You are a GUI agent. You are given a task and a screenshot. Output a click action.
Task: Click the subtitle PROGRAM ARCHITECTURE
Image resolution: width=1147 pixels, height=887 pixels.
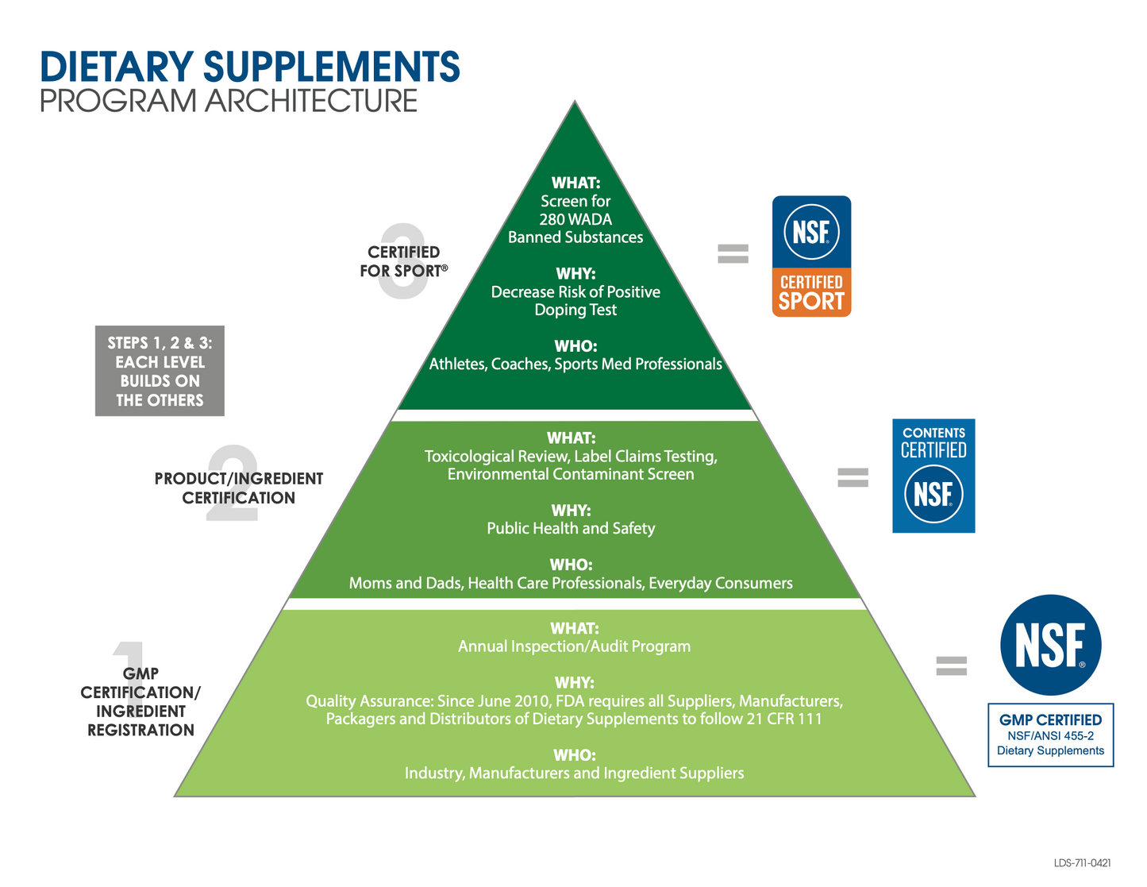229,102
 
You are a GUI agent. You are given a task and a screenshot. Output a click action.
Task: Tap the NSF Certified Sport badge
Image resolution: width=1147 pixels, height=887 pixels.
811,256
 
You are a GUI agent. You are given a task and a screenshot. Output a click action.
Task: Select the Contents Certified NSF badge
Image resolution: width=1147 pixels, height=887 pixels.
933,476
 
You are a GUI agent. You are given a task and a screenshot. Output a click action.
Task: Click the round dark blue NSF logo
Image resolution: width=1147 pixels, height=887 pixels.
1050,645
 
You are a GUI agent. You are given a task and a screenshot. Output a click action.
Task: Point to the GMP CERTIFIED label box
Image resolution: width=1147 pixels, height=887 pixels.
1050,735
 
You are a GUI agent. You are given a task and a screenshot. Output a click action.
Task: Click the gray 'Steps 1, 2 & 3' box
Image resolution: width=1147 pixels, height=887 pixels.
160,371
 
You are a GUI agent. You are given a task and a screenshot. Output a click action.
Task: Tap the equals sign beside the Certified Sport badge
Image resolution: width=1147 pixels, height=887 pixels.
733,253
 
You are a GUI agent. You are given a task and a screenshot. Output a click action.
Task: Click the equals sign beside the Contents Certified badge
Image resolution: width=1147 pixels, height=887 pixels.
853,477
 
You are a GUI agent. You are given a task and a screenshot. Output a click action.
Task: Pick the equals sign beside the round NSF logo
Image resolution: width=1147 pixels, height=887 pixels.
951,665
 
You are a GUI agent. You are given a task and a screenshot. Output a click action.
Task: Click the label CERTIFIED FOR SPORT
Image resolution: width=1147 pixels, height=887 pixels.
403,261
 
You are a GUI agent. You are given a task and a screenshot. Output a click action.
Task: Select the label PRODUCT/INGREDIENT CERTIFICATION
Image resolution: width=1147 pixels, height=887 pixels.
239,488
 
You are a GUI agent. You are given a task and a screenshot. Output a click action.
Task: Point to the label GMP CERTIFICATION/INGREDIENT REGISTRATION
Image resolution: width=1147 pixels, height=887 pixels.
140,702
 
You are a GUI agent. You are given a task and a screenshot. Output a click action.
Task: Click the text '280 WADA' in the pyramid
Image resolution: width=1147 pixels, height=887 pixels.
575,219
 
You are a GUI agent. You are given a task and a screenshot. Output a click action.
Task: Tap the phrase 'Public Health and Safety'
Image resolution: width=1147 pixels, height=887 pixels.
571,528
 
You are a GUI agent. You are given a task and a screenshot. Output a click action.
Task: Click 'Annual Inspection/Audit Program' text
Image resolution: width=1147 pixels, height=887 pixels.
574,646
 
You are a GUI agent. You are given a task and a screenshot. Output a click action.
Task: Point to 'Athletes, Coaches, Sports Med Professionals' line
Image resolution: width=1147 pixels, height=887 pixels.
575,364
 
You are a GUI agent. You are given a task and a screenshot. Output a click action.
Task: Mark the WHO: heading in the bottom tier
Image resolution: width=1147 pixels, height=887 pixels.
574,754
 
